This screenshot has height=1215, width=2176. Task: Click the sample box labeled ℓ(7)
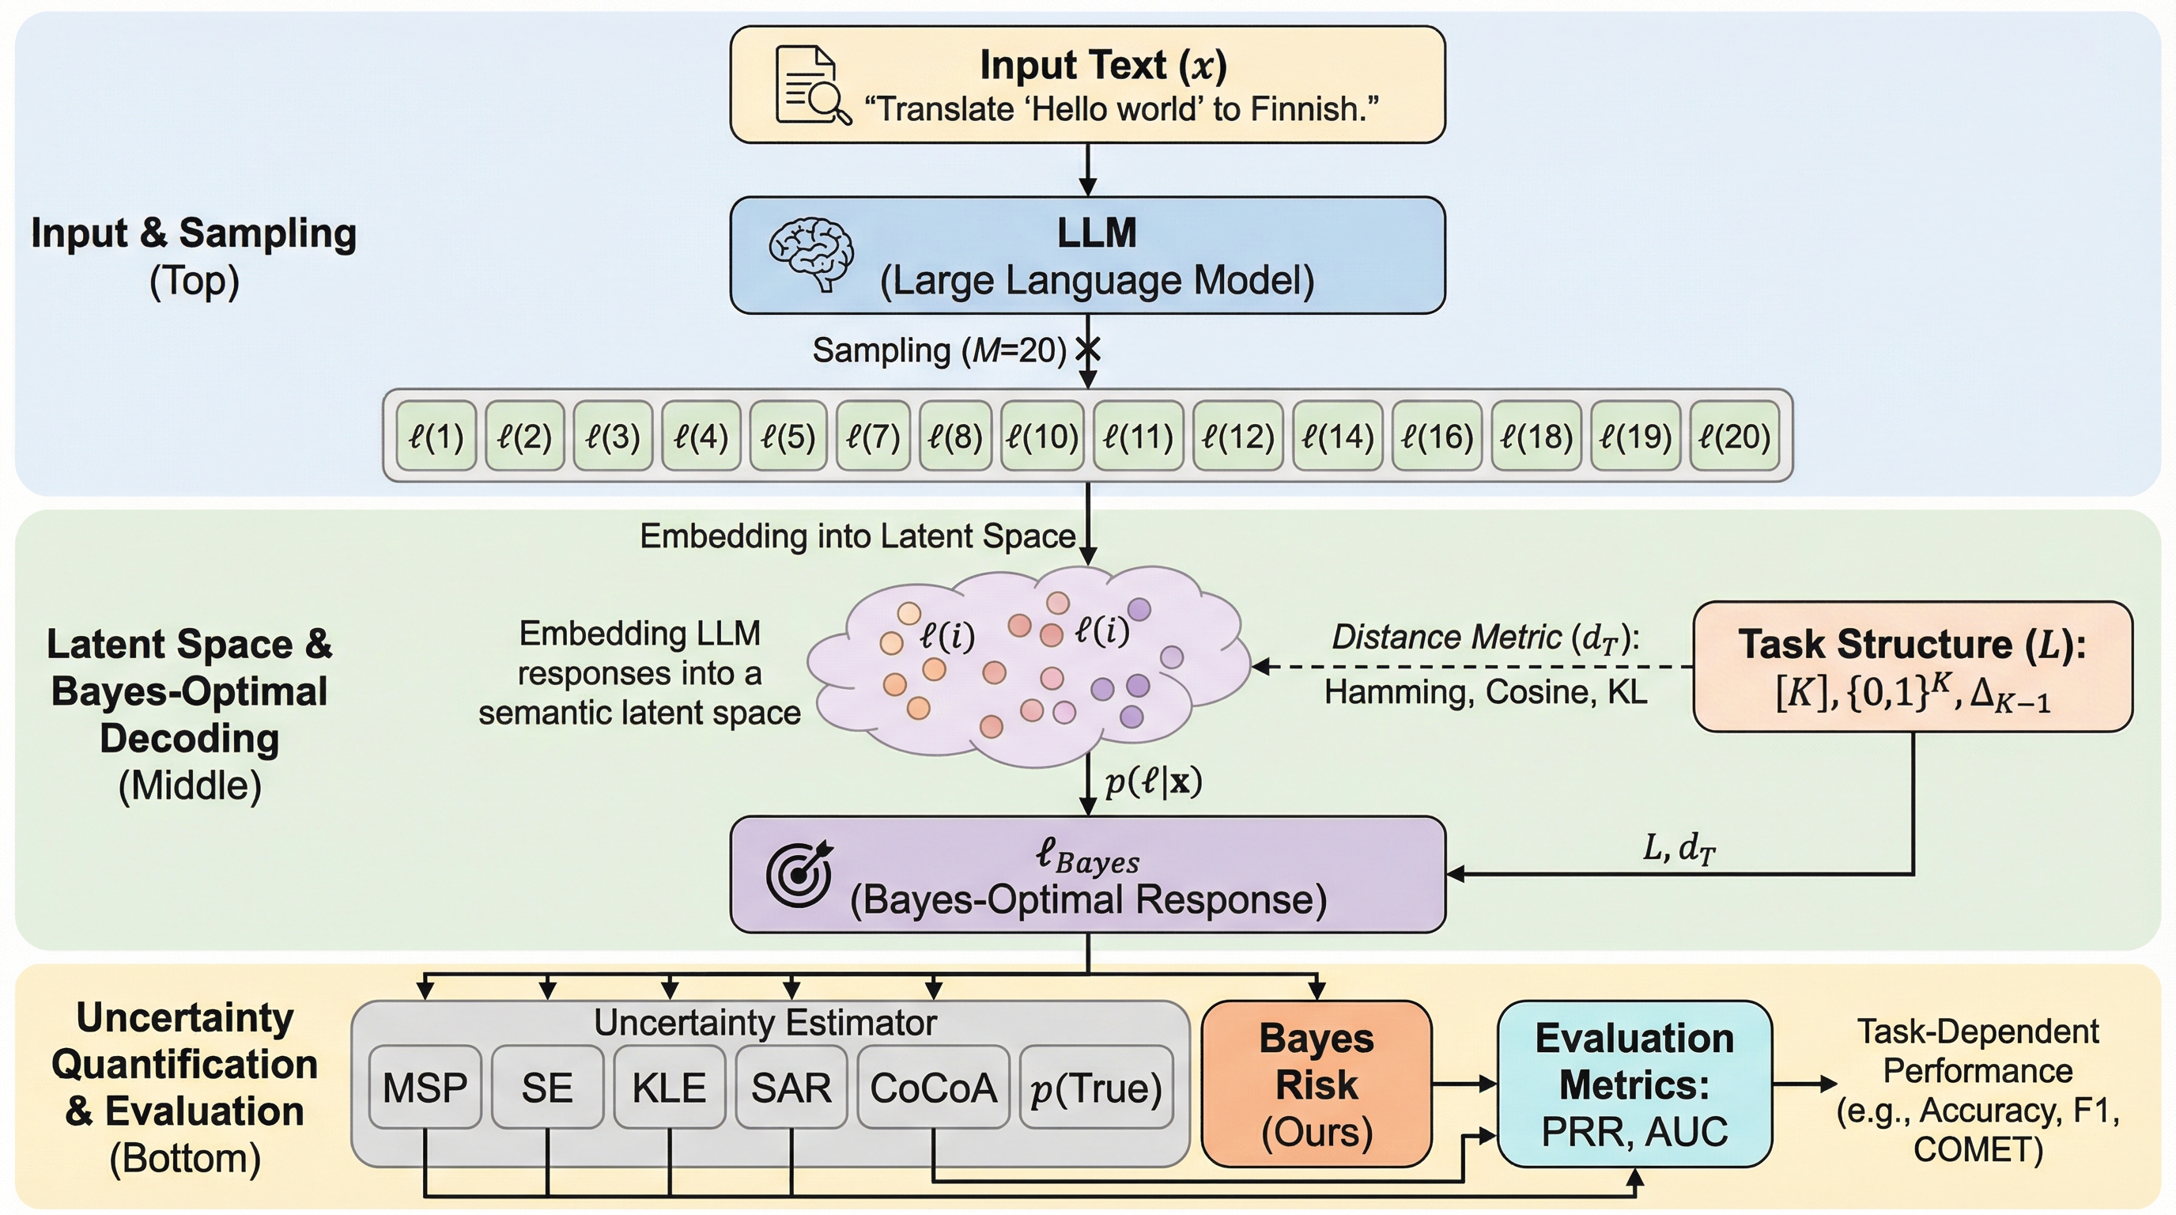coord(874,436)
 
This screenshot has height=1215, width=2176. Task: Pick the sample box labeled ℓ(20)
coord(1734,436)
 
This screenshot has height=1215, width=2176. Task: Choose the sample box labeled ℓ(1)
coord(436,436)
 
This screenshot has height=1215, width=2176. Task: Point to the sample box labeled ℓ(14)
coord(1337,436)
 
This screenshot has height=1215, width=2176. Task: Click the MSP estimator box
coord(425,1088)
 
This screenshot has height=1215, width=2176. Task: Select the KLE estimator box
coord(669,1088)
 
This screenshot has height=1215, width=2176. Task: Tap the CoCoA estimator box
coord(933,1088)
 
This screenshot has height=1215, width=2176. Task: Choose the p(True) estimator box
coord(1097,1088)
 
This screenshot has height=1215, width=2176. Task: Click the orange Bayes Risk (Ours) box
coord(1316,1084)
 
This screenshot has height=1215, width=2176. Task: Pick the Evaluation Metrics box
coord(1634,1084)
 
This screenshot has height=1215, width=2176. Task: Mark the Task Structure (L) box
coord(1913,667)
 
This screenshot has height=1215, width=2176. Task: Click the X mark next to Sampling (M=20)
coord(1089,348)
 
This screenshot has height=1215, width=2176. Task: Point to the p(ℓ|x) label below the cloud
coord(1153,782)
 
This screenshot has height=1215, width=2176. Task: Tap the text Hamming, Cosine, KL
coord(1485,692)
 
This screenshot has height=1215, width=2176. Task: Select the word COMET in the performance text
coord(1978,1150)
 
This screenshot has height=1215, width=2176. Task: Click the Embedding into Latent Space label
coord(857,536)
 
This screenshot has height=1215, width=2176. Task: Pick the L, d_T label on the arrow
coord(1679,847)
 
